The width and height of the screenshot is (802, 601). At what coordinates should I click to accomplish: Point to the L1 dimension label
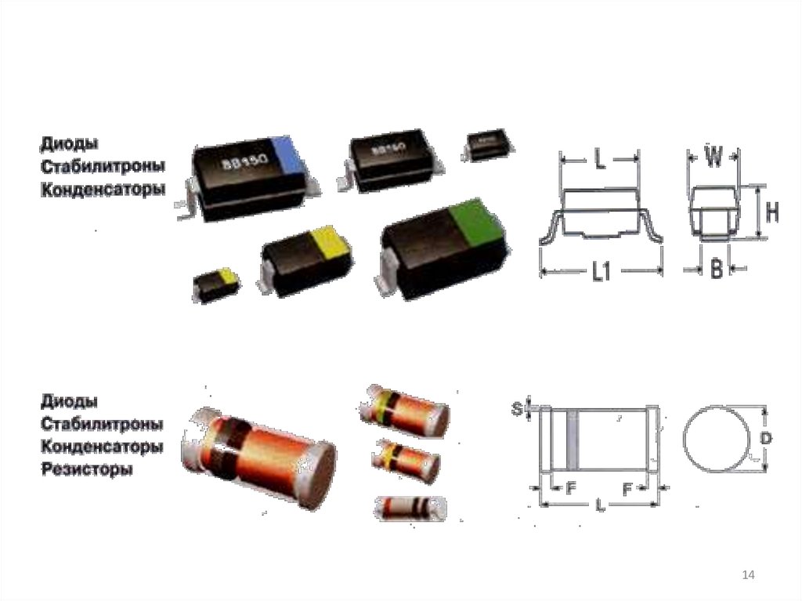point(601,273)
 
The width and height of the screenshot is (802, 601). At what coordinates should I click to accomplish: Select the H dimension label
point(771,212)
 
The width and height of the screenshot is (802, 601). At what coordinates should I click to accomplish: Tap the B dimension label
point(715,270)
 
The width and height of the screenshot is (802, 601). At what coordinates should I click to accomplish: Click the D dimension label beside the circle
point(765,440)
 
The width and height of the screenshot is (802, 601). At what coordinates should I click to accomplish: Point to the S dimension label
point(517,408)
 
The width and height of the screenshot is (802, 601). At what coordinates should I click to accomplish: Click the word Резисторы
point(87,470)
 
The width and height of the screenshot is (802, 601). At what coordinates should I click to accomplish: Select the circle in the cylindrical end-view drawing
point(713,440)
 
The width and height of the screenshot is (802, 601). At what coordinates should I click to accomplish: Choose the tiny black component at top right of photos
point(489,146)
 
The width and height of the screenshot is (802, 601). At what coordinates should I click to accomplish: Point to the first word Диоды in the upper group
point(69,143)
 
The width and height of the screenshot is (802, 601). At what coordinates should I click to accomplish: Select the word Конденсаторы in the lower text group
point(102,447)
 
